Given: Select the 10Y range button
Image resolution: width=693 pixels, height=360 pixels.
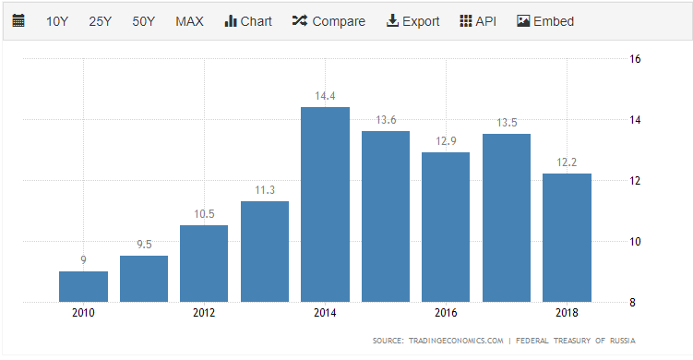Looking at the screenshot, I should (x=56, y=21).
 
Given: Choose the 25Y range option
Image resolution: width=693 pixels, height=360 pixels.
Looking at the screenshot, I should (x=100, y=21).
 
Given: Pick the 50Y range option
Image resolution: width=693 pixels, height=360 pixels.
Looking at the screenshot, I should (x=143, y=21).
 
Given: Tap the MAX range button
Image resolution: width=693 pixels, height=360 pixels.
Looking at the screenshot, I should (x=189, y=21).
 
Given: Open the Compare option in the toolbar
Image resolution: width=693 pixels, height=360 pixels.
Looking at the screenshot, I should (x=329, y=21).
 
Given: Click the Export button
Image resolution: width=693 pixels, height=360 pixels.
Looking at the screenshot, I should (x=412, y=21).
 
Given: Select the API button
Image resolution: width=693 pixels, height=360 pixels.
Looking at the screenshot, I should (x=478, y=21).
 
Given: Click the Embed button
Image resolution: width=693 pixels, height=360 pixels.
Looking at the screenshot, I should (x=545, y=21).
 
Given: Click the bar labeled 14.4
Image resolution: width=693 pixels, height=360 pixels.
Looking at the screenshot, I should (x=325, y=204).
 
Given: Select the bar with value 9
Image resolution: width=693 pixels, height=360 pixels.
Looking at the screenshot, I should (x=83, y=286).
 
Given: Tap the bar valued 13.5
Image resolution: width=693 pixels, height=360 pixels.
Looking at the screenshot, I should (x=507, y=218).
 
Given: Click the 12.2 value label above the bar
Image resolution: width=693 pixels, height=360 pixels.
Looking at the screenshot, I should (x=567, y=162).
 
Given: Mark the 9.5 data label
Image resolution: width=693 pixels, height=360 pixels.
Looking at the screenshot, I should (x=144, y=245).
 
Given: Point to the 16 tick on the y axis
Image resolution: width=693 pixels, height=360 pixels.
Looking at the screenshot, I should (x=635, y=59).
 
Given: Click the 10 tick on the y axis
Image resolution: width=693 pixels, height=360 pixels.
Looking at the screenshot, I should (x=635, y=242).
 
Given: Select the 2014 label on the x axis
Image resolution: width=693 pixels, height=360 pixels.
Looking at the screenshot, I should (x=325, y=313).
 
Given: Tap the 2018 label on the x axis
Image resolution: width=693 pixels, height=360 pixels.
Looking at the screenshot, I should (x=567, y=313).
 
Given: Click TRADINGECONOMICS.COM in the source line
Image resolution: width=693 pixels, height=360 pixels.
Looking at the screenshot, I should (x=453, y=341).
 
